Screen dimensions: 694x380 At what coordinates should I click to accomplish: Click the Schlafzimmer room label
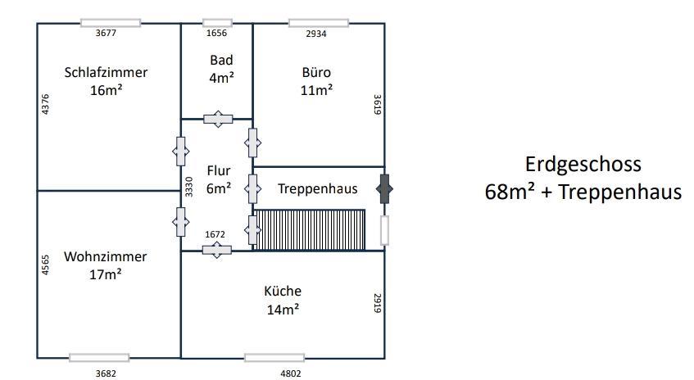[x=106, y=72]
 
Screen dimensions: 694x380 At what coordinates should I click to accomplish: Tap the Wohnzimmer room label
[x=106, y=256]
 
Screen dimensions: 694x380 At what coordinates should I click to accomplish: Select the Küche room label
[x=283, y=291]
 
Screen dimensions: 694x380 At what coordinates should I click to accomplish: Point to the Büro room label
[x=316, y=72]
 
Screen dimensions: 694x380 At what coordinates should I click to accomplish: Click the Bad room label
[x=221, y=60]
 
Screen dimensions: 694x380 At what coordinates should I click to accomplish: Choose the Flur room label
[x=219, y=171]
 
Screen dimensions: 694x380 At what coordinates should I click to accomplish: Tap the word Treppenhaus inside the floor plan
[x=317, y=188]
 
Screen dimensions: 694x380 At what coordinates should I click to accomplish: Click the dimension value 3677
[x=107, y=34]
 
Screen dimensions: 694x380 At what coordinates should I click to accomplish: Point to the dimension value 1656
[x=217, y=34]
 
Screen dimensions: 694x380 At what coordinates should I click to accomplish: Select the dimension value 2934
[x=316, y=34]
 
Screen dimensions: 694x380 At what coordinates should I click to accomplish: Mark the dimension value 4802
[x=291, y=373]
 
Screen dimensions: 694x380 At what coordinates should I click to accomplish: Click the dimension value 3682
[x=106, y=373]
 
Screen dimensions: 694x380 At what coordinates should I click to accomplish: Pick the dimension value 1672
[x=214, y=235]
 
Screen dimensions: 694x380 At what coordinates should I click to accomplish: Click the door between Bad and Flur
[x=218, y=120]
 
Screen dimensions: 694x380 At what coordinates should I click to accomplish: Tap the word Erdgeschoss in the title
[x=583, y=163]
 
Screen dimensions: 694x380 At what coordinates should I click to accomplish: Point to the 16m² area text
[x=106, y=90]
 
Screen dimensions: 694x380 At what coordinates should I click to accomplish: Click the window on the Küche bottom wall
[x=274, y=358]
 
